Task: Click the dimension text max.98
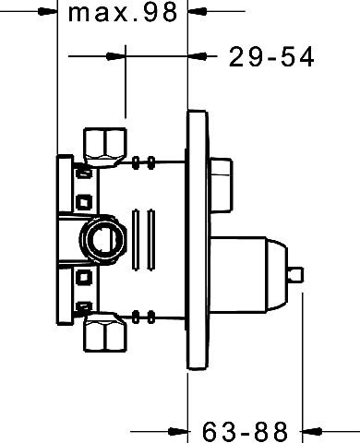[x=123, y=12]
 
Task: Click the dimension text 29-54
[x=271, y=57]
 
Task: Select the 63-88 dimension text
[x=246, y=431]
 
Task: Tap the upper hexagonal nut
[x=105, y=147]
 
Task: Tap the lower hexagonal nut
[x=105, y=332]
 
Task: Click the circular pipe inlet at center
[x=102, y=239]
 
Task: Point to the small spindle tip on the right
[x=296, y=274]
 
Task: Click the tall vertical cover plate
[x=198, y=239]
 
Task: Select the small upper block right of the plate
[x=221, y=185]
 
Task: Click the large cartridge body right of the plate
[x=238, y=275]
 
